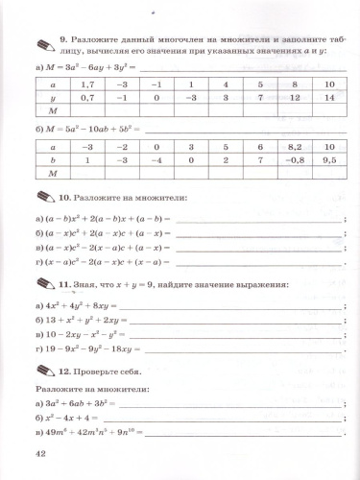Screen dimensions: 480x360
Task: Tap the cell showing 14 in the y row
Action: coord(329,97)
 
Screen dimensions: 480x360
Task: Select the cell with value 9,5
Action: coord(329,160)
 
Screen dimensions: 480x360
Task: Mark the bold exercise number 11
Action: coord(64,286)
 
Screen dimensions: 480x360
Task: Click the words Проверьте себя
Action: coord(110,372)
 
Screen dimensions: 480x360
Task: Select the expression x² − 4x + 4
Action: coord(68,419)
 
